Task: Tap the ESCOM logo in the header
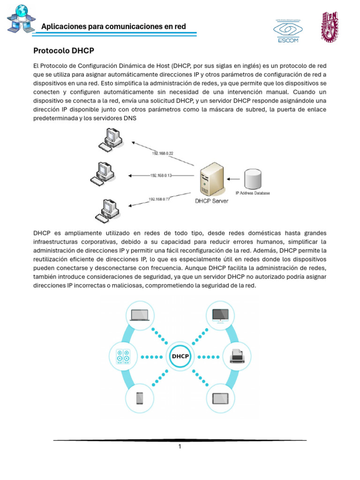click(x=289, y=30)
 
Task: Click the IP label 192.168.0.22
click(x=162, y=153)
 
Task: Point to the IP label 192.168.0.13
click(x=161, y=175)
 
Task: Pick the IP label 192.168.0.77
click(x=159, y=199)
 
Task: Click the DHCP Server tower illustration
click(x=210, y=180)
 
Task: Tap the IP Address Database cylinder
click(x=253, y=179)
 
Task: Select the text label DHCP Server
click(x=211, y=202)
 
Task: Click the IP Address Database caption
click(x=252, y=193)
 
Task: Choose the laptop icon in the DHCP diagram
click(x=139, y=315)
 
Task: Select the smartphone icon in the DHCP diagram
click(x=139, y=398)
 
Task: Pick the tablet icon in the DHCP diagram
click(x=220, y=398)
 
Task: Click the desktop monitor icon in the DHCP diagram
click(x=220, y=314)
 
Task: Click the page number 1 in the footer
click(x=180, y=447)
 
